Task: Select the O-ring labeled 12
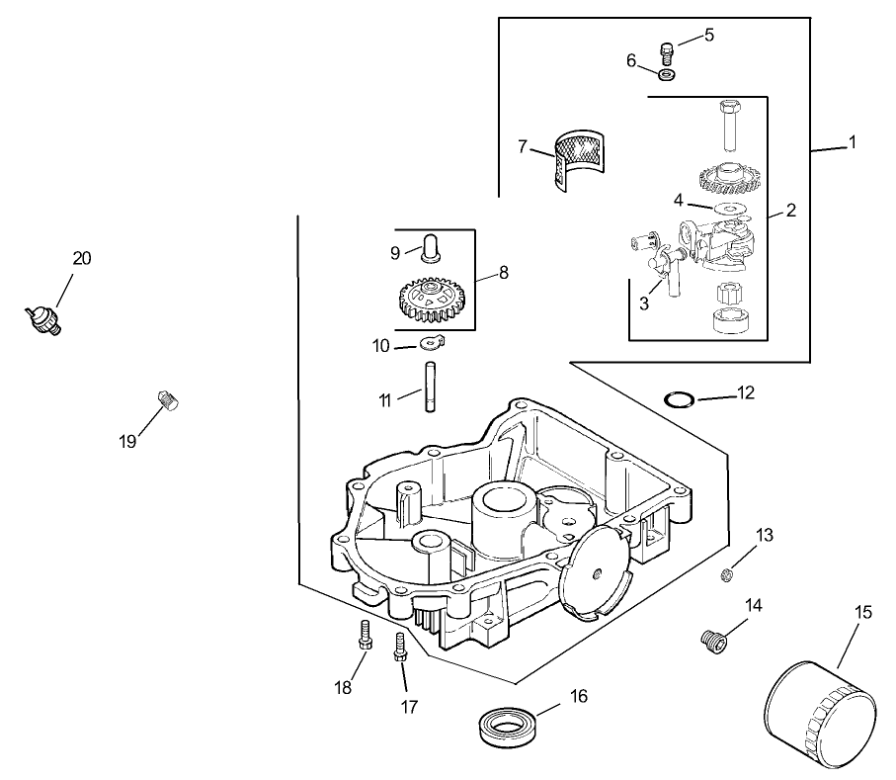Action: [678, 399]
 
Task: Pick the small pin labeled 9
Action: [432, 247]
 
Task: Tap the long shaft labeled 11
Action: [432, 388]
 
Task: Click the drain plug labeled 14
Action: [713, 641]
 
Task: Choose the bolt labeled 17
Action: [400, 648]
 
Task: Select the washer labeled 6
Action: [669, 75]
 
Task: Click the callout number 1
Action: [852, 141]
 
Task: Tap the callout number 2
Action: [790, 210]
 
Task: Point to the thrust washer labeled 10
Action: [430, 343]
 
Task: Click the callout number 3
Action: [644, 303]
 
